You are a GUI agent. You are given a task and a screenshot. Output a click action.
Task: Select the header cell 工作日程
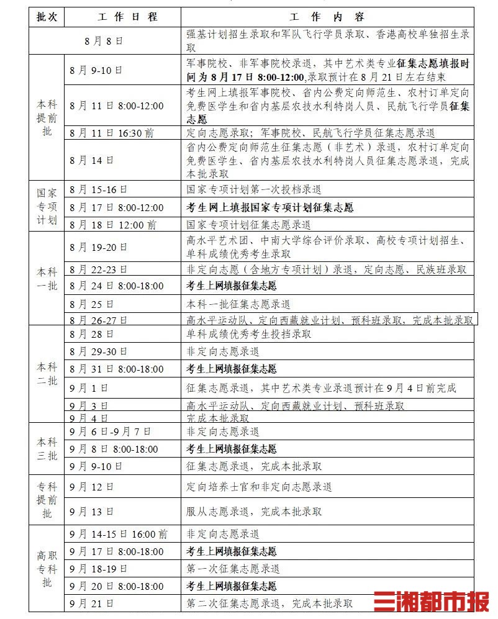pyautogui.click(x=123, y=17)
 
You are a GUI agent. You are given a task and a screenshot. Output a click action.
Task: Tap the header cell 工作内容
pyautogui.click(x=327, y=17)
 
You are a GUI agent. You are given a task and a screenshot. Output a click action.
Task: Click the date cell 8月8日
pyautogui.click(x=104, y=41)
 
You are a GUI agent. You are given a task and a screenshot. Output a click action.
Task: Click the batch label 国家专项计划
pyautogui.click(x=47, y=207)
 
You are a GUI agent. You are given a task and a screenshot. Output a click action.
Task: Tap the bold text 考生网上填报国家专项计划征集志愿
pyautogui.click(x=269, y=207)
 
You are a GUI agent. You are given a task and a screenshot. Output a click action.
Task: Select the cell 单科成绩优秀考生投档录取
pyautogui.click(x=249, y=335)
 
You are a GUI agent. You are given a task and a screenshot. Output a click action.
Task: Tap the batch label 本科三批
pyautogui.click(x=47, y=449)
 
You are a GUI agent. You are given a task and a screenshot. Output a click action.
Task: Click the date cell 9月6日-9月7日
pyautogui.click(x=111, y=431)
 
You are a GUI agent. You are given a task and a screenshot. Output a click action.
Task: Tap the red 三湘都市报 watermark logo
pyautogui.click(x=431, y=602)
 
